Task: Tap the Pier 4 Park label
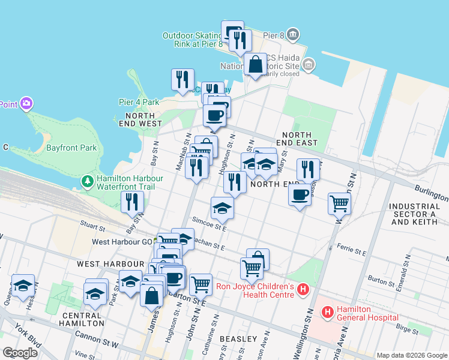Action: (x=139, y=102)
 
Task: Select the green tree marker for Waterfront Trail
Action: (x=88, y=181)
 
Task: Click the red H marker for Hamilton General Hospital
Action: (x=328, y=312)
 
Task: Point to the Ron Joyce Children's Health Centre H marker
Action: (x=303, y=290)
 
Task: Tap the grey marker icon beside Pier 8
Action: (x=292, y=34)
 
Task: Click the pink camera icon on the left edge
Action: (x=26, y=104)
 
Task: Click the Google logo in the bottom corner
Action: (x=20, y=353)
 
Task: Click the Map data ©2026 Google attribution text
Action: (x=412, y=355)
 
